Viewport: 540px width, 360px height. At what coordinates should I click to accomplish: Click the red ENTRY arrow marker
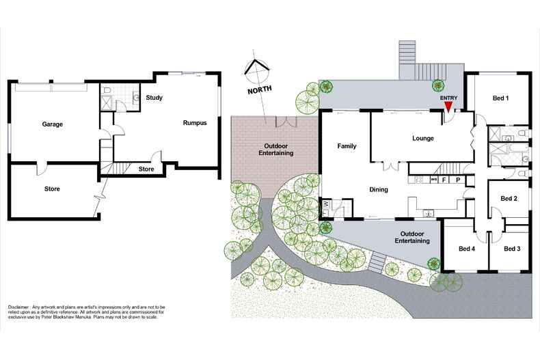tap(448, 107)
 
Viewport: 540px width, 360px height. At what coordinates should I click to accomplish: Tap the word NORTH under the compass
tap(260, 89)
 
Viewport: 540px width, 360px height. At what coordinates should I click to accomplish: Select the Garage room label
tap(53, 124)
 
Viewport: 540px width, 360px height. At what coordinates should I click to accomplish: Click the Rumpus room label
tap(195, 123)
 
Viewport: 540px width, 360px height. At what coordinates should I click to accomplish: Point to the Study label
tap(154, 98)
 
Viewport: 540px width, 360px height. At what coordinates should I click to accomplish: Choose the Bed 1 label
tap(501, 98)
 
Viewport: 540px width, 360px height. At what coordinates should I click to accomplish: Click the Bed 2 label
tap(509, 199)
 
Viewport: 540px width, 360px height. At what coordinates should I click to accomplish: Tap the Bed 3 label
tap(512, 249)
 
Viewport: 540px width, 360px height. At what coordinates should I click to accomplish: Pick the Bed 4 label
tap(467, 249)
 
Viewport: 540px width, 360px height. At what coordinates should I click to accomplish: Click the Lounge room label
tap(423, 139)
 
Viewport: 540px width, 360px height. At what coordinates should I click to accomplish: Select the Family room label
tap(347, 146)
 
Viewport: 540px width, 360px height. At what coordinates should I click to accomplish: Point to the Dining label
tap(379, 190)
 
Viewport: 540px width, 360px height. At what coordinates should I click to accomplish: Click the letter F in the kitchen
tap(444, 180)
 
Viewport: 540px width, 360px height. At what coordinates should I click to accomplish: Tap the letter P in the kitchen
tap(458, 180)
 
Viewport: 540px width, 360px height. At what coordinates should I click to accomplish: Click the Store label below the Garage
tap(52, 189)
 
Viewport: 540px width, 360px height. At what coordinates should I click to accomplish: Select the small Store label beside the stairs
tap(146, 169)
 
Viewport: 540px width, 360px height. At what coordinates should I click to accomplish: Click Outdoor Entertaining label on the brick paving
tap(276, 150)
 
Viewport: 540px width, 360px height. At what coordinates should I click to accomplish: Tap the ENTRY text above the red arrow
tap(448, 98)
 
